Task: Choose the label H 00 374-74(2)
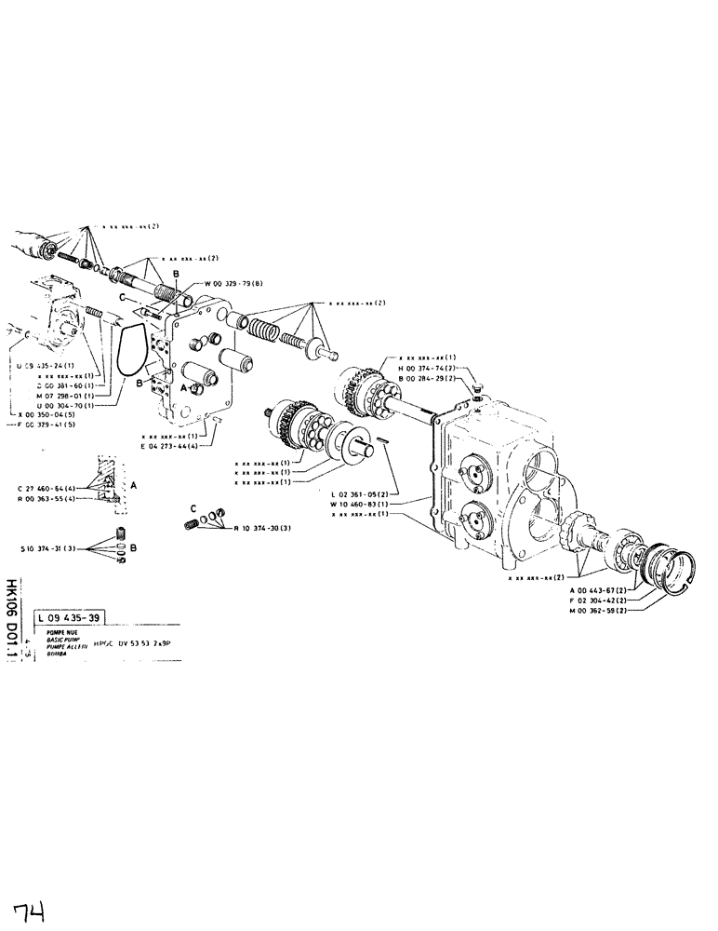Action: pyautogui.click(x=428, y=369)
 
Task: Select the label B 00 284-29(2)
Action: pyautogui.click(x=428, y=379)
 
